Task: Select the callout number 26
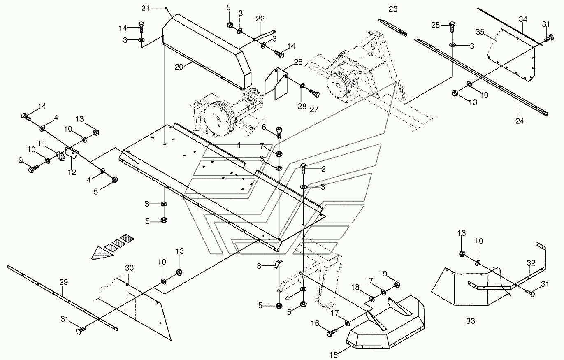click(x=298, y=63)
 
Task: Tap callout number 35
click(x=480, y=32)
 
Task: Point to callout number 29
click(x=63, y=282)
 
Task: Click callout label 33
click(x=471, y=321)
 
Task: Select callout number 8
click(x=259, y=266)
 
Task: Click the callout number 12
click(x=72, y=172)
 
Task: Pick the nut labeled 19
click(x=397, y=285)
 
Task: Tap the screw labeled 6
click(x=279, y=131)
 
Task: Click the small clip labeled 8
click(x=277, y=264)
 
